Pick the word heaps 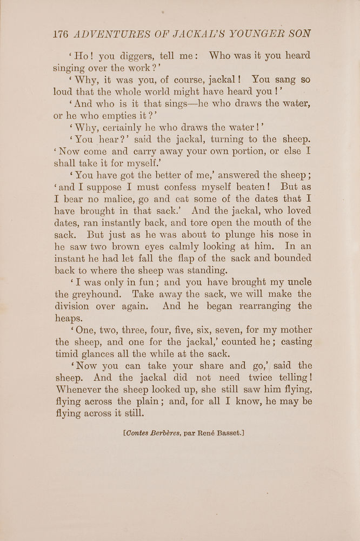point(69,319)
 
